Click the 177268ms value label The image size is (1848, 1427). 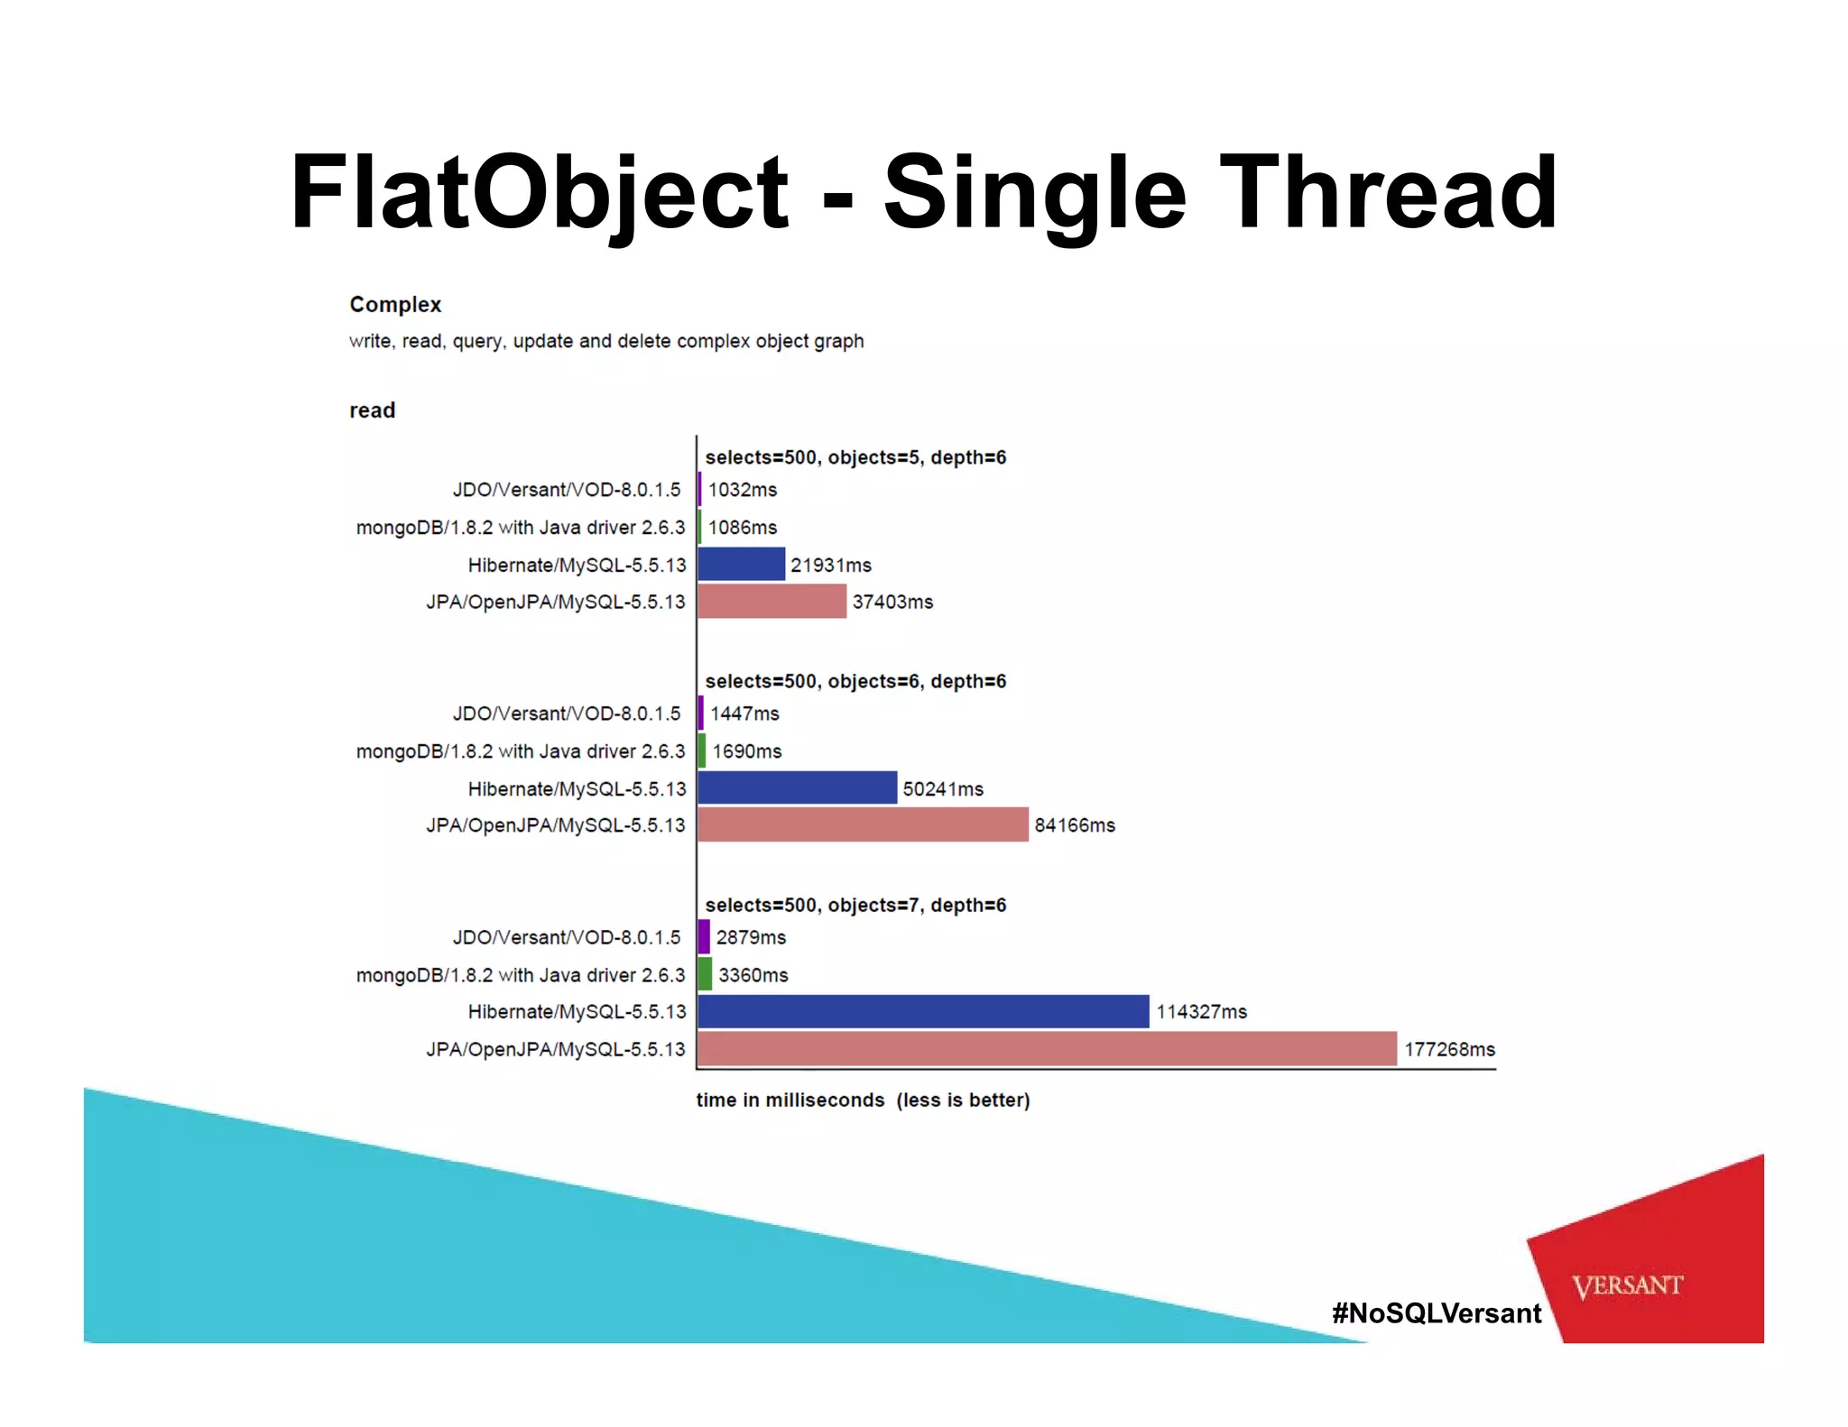tap(1449, 1049)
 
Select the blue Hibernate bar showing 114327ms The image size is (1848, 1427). tap(923, 1011)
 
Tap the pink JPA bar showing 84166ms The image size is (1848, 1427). tap(863, 824)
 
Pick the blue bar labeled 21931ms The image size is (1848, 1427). tap(741, 564)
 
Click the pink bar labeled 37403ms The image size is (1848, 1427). tap(772, 601)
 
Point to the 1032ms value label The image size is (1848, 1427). tap(742, 489)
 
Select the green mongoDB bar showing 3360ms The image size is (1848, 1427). tap(705, 974)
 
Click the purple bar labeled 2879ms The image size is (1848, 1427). tap(704, 936)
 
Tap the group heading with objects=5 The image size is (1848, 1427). tap(855, 457)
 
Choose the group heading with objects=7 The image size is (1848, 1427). tap(855, 905)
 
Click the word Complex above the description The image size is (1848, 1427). tap(395, 304)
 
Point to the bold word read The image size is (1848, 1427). tap(372, 410)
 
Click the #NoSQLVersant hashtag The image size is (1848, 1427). tap(1437, 1312)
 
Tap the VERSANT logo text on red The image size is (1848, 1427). tap(1627, 1285)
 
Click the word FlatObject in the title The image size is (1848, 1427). tap(539, 192)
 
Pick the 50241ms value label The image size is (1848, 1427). tap(943, 788)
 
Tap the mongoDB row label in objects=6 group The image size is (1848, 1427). tap(521, 750)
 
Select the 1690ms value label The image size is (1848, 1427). tap(746, 750)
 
